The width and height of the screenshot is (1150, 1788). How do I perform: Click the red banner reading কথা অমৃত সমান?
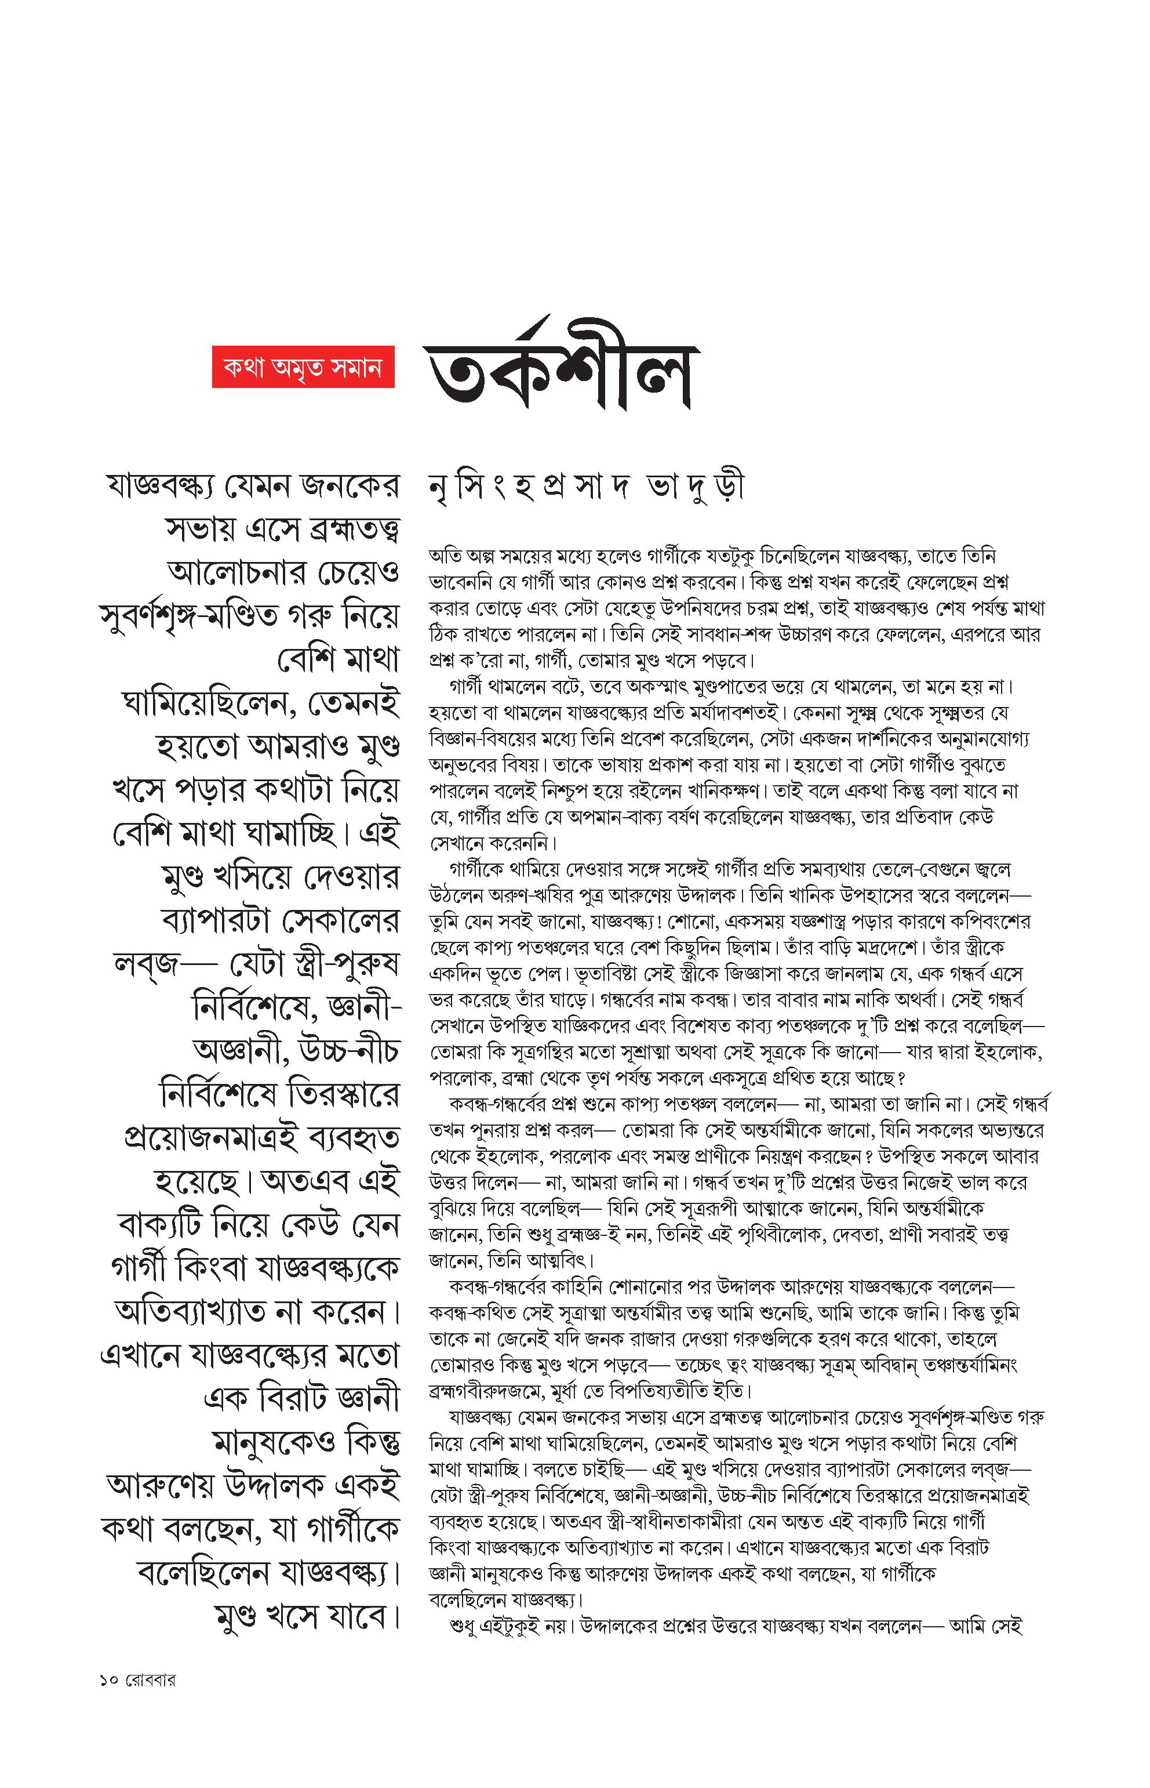pyautogui.click(x=303, y=368)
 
